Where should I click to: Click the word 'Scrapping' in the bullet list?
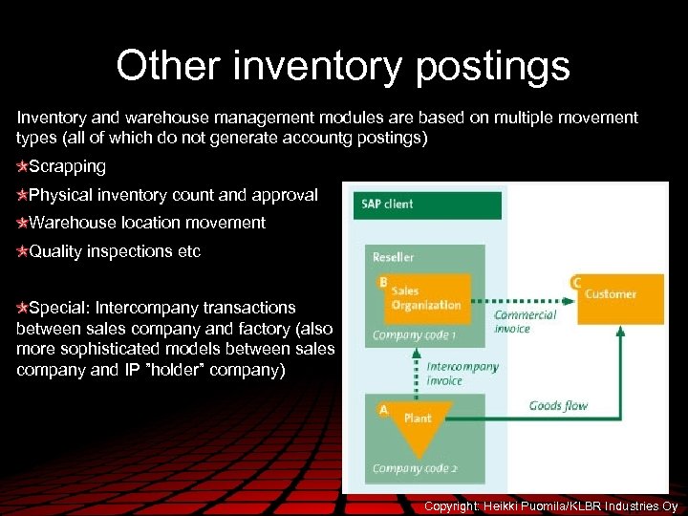coord(67,166)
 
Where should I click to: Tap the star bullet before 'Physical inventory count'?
coord(22,195)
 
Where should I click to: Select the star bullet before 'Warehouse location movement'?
coord(22,224)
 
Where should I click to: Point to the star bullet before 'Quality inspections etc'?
coord(22,252)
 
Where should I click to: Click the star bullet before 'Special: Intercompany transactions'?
coord(22,308)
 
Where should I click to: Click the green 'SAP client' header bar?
coord(427,204)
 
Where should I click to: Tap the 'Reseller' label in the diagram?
coord(393,257)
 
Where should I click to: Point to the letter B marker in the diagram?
coord(383,282)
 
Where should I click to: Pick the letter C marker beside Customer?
coord(576,282)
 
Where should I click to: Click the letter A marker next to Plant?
coord(383,409)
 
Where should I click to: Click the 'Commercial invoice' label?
coord(525,322)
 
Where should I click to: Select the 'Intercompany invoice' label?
coord(462,374)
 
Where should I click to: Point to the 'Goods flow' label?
coord(558,406)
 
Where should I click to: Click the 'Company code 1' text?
coord(414,335)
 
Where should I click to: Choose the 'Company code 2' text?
coord(414,468)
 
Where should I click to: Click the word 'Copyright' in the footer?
coord(452,505)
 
